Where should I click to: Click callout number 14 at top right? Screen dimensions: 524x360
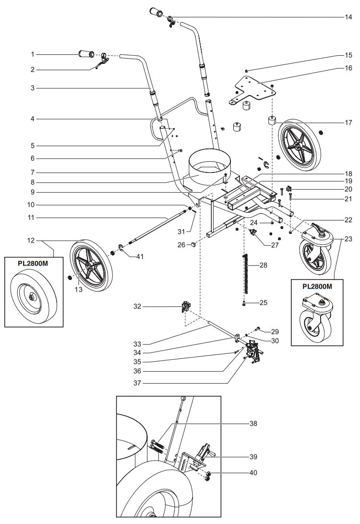tap(348, 16)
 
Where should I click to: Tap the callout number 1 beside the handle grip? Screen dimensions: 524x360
tap(33, 54)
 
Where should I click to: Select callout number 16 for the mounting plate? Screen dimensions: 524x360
tap(348, 69)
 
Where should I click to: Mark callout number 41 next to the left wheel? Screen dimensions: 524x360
tap(139, 256)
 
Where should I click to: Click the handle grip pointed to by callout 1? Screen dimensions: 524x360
tap(86, 53)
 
